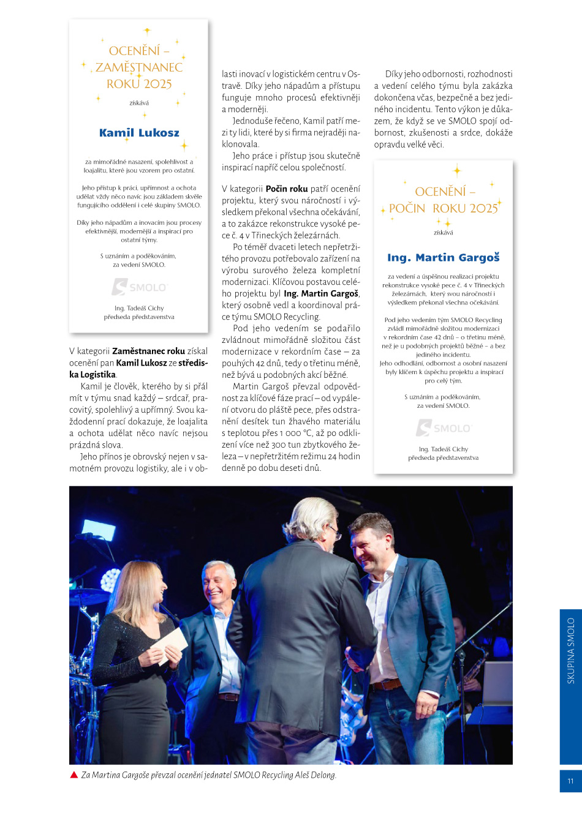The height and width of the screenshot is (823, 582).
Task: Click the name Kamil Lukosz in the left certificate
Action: [139, 133]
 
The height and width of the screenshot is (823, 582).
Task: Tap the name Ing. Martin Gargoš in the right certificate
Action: [443, 258]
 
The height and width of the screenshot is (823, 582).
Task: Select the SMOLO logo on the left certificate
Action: [139, 287]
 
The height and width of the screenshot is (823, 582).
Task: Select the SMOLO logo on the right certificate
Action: [443, 427]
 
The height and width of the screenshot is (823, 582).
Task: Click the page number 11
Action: [570, 781]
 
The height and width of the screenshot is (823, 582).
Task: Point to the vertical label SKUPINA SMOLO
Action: [570, 650]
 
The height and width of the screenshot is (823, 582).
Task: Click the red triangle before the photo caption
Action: [74, 775]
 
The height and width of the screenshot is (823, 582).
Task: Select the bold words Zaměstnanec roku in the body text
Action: [148, 351]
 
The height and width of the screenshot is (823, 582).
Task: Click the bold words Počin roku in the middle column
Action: [287, 189]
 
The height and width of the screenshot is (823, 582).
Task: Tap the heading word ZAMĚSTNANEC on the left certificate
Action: [139, 67]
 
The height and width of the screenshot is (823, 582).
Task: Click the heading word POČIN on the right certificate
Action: [407, 208]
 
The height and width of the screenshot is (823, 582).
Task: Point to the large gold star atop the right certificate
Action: [456, 171]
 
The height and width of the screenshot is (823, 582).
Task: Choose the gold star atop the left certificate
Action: [146, 30]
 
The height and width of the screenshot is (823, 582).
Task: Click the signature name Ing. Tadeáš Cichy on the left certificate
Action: [139, 308]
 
